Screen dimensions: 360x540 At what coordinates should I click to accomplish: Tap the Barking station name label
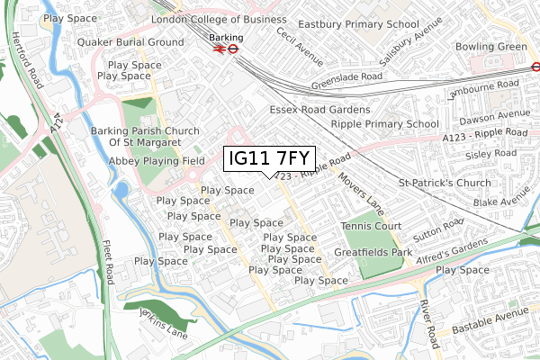point(225,37)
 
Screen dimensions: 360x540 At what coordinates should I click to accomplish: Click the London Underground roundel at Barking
point(231,50)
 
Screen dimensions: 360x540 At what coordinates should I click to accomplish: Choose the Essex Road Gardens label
point(319,109)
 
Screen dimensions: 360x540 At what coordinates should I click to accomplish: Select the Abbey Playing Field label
point(153,160)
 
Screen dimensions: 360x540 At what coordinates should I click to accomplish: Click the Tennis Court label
point(371,226)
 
